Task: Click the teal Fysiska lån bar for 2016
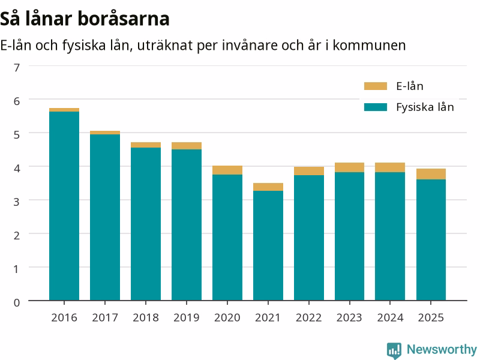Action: [x=64, y=206]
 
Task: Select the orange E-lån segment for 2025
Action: [x=431, y=174]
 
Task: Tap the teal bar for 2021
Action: [x=268, y=245]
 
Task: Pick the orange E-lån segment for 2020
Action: [x=227, y=170]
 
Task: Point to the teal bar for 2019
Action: [x=187, y=225]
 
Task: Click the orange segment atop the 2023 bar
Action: [x=350, y=167]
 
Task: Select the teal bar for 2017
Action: [x=105, y=217]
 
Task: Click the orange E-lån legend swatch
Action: [x=376, y=86]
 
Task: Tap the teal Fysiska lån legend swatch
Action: [x=376, y=107]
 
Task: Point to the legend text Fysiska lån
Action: [x=425, y=107]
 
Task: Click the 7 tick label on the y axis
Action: [x=17, y=68]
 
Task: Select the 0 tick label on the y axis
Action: [x=17, y=303]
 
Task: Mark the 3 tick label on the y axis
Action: [x=17, y=202]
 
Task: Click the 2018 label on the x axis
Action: [x=146, y=318]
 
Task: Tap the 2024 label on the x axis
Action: [x=391, y=318]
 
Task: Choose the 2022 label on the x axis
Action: [x=309, y=318]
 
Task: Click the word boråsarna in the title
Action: [x=124, y=19]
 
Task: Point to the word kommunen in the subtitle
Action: [x=369, y=46]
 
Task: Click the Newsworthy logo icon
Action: [x=394, y=350]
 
